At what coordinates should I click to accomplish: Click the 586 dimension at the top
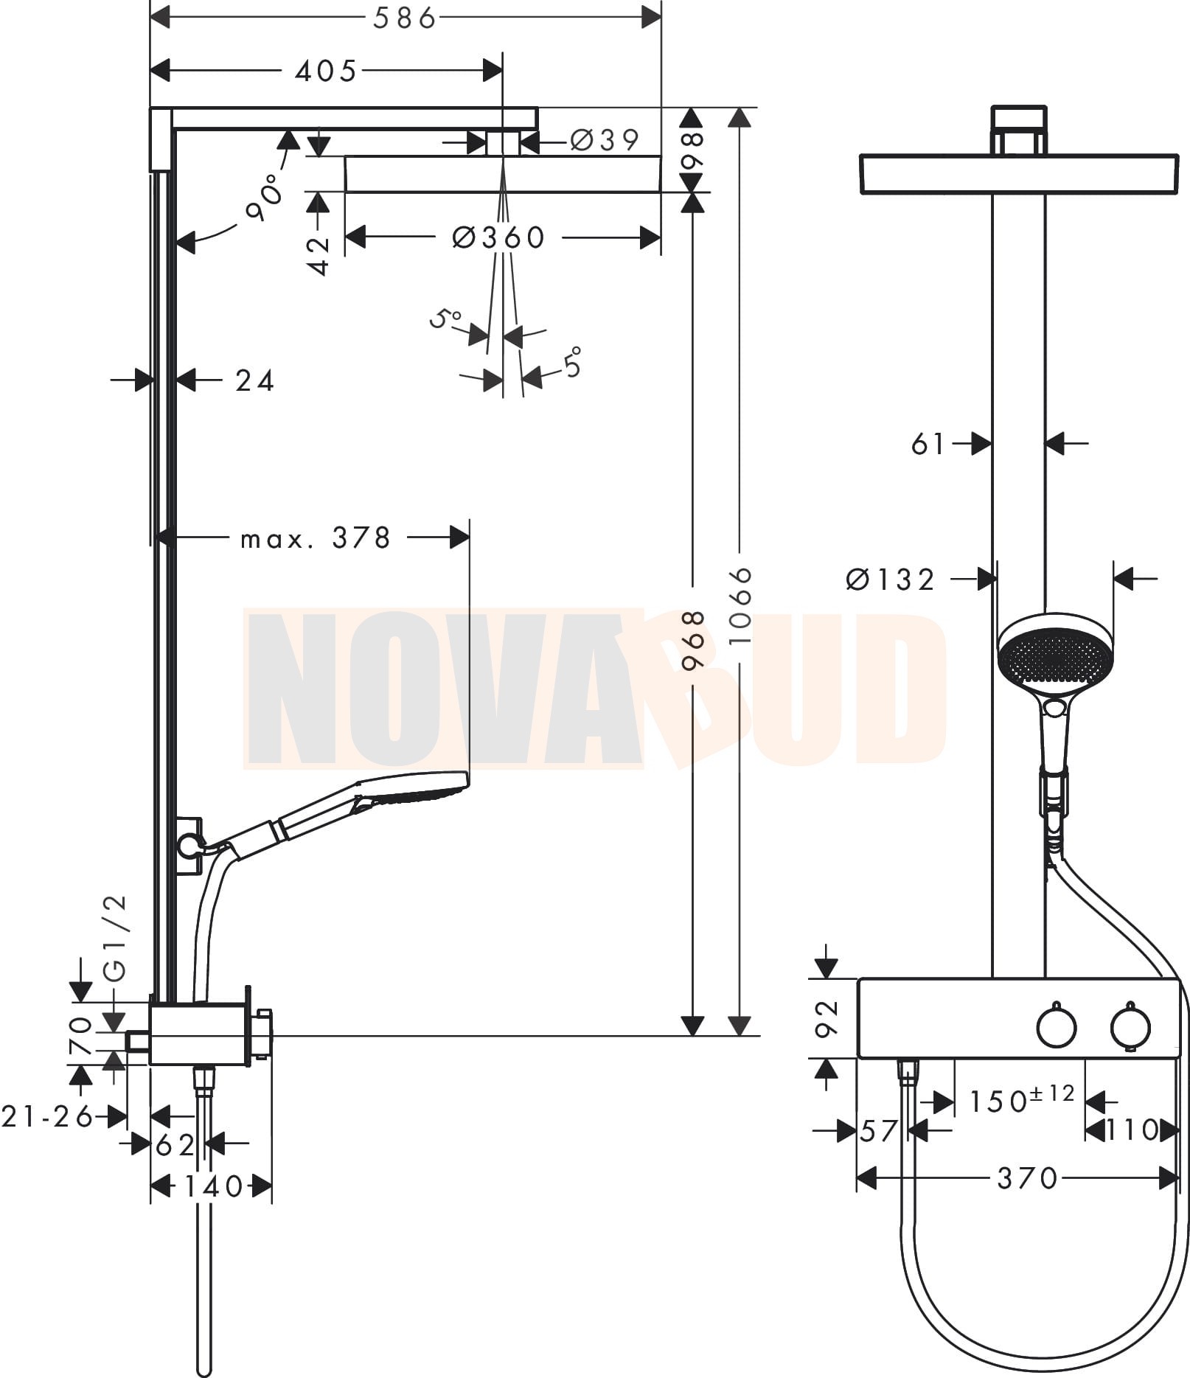(404, 18)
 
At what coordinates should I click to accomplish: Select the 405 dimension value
(325, 72)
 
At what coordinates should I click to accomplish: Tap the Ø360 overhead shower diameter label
(498, 237)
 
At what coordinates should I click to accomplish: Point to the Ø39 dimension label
(605, 139)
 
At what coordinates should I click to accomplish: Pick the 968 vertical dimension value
(693, 640)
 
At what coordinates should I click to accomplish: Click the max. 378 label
(316, 538)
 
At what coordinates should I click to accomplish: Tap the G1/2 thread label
(116, 939)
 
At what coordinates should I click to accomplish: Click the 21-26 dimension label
(48, 1116)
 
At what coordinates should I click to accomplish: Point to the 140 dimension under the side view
(213, 1186)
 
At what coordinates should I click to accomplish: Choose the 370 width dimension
(1028, 1178)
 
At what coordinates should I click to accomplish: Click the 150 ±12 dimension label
(1021, 1099)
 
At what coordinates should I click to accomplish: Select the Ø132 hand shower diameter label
(891, 580)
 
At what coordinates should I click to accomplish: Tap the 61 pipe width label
(928, 444)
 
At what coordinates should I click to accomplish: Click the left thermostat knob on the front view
(1056, 1026)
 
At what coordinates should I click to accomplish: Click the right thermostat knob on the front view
(1132, 1027)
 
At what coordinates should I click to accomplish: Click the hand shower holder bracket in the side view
(189, 846)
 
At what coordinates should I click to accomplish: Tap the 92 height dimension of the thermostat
(828, 1018)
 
